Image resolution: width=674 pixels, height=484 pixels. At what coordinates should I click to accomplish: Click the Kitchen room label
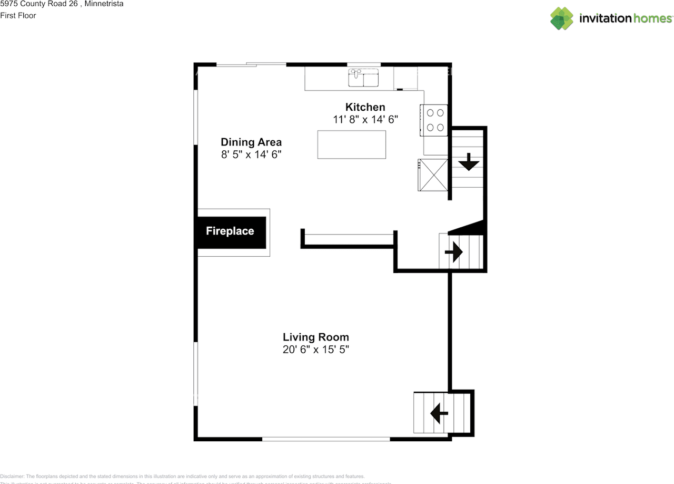point(365,107)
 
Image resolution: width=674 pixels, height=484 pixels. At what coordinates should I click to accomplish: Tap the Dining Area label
point(251,142)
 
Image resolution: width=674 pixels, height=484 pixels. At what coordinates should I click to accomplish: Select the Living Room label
point(315,337)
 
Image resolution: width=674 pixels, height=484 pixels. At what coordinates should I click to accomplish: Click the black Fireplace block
point(231,231)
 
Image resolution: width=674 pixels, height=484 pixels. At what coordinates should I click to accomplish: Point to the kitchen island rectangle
point(351,144)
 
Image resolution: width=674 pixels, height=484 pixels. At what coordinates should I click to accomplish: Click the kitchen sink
point(363,78)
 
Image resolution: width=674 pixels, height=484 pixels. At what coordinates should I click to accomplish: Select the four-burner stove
point(434,120)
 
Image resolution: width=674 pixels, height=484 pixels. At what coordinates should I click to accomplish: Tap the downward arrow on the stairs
point(468,162)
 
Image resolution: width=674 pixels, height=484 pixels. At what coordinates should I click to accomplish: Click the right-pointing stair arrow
point(453,253)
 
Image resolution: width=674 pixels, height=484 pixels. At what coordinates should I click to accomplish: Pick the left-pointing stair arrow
point(439,413)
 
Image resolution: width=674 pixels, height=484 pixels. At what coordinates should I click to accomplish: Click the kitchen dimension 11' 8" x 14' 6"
point(365,120)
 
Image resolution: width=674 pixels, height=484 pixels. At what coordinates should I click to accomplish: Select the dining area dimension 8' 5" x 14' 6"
point(251,155)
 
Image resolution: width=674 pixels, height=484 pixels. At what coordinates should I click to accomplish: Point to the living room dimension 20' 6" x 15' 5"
point(315,350)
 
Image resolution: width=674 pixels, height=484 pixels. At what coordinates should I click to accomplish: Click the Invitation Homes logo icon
point(561,18)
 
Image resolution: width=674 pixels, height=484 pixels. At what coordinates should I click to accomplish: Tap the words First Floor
point(18,15)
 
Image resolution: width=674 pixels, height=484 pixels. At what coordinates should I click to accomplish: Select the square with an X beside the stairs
point(433,175)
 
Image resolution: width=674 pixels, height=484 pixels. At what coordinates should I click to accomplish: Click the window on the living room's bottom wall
point(326,439)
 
